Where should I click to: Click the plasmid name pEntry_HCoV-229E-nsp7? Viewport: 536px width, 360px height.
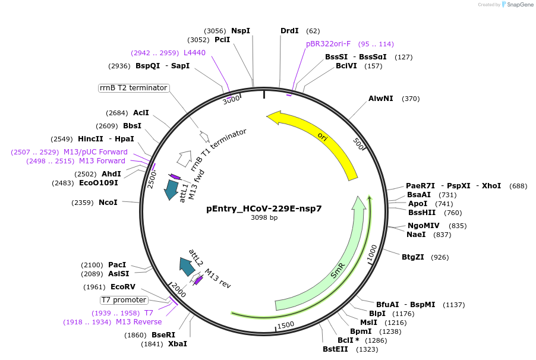click(x=264, y=209)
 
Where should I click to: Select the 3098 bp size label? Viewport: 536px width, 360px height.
click(x=264, y=218)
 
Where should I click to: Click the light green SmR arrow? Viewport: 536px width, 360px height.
click(x=339, y=267)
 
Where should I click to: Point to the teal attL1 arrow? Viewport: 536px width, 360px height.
click(x=172, y=190)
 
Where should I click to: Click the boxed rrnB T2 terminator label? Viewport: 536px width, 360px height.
click(x=134, y=88)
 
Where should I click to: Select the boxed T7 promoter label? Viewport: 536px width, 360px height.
click(x=124, y=300)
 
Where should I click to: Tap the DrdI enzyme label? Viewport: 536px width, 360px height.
click(x=289, y=31)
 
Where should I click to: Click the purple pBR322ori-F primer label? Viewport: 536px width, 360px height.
click(x=329, y=44)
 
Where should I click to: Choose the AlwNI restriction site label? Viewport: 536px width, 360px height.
click(x=380, y=99)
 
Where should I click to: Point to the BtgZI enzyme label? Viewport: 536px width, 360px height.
click(x=413, y=257)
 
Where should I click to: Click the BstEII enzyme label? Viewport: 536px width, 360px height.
click(x=335, y=349)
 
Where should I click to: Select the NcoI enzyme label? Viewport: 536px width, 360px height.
click(x=108, y=203)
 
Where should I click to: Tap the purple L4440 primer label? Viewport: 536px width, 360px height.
click(x=194, y=53)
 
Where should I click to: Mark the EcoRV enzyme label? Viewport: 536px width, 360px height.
click(x=123, y=287)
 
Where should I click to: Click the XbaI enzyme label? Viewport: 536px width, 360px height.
click(x=177, y=344)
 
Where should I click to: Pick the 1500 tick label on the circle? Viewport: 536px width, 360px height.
click(x=286, y=324)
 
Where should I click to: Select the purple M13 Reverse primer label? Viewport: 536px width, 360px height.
click(x=138, y=322)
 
